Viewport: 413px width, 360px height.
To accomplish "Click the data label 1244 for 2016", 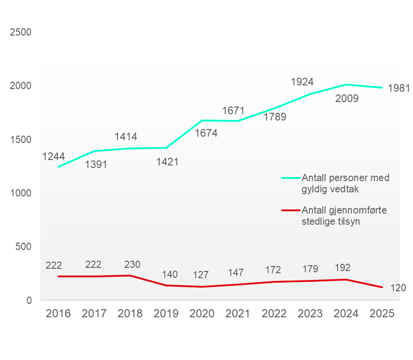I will point(53,157).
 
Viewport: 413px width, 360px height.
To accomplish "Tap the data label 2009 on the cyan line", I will point(347,99).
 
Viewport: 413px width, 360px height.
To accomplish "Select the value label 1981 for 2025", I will point(398,88).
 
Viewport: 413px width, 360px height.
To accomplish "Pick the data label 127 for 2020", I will point(203,275).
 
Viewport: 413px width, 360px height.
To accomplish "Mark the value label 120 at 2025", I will point(397,288).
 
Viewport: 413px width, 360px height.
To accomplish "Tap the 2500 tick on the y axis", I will point(20,33).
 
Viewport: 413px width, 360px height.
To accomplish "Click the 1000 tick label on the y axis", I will point(20,193).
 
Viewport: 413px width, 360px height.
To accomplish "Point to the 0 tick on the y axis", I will point(29,300).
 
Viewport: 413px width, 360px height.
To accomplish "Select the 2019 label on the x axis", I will point(166,313).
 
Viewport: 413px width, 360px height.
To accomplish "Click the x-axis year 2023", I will point(310,313).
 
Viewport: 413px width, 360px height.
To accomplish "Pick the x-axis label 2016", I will point(58,313).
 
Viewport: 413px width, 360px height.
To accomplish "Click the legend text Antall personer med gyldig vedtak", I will point(345,183).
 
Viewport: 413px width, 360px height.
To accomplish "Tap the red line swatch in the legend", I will point(290,211).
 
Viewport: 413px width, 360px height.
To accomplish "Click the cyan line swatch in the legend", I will point(290,178).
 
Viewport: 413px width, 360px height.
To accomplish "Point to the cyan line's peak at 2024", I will point(346,84).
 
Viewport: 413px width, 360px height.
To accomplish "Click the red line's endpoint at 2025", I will point(382,288).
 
